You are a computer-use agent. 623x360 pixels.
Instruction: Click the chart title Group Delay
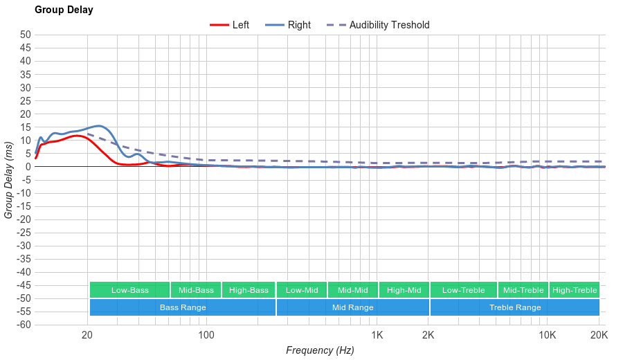[x=64, y=10]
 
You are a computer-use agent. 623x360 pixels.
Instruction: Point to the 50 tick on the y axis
[x=26, y=35]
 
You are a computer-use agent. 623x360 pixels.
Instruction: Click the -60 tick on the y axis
[x=24, y=325]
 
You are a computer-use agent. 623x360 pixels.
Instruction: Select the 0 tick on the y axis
[x=28, y=166]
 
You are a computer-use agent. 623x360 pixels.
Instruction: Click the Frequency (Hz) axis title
[x=320, y=350]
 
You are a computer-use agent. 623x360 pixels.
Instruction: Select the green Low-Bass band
[x=129, y=290]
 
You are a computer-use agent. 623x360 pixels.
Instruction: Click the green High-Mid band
[x=404, y=290]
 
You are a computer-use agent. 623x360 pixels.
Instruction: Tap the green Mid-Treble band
[x=523, y=290]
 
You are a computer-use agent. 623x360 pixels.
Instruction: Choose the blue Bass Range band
[x=183, y=307]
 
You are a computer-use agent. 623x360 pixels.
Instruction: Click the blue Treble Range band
[x=514, y=307]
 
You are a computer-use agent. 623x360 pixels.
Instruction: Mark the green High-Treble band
[x=574, y=290]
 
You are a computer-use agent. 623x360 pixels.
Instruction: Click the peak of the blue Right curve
[x=100, y=126]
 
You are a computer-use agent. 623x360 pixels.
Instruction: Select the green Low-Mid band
[x=302, y=290]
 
